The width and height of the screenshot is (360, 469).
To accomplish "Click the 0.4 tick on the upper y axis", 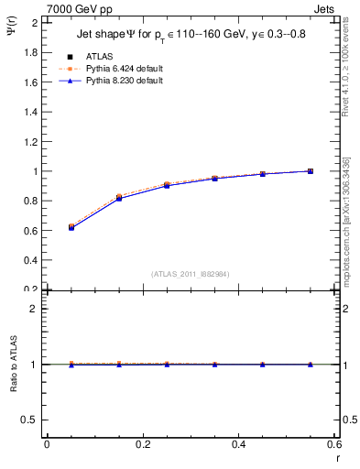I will (x=31, y=260).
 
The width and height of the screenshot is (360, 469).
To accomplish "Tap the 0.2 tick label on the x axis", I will (x=142, y=445).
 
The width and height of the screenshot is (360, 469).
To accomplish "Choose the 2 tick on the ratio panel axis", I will (x=35, y=309).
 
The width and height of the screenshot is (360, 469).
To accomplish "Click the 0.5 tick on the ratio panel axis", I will (x=31, y=420).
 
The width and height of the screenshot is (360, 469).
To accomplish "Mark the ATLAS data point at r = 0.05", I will (x=71, y=226).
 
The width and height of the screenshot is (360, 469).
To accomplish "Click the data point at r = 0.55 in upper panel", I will (x=311, y=171).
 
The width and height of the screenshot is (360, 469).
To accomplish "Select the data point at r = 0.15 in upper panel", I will (x=119, y=197).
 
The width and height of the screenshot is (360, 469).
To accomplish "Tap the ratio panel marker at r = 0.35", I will (x=215, y=365).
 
